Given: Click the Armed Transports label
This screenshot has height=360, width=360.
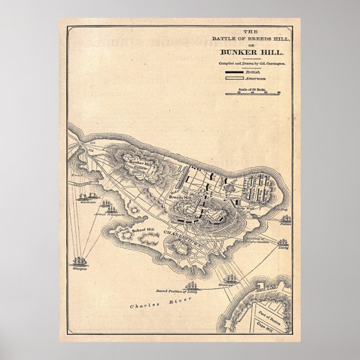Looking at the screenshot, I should (x=108, y=214).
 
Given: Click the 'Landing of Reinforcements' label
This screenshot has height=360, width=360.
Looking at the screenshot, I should (x=257, y=240).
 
